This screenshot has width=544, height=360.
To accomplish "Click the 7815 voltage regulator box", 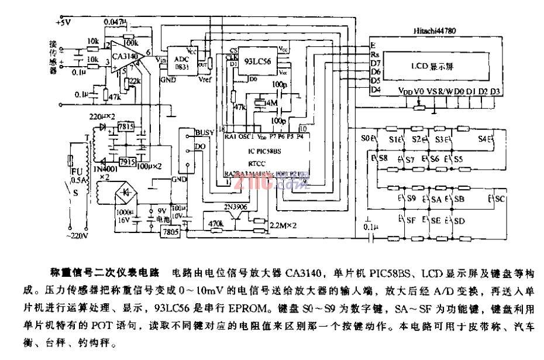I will pos(125,127).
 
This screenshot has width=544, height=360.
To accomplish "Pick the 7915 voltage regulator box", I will pos(125,161).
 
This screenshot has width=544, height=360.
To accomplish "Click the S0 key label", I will pos(366,140).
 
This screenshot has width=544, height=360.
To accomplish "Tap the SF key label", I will pos(412,221).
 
